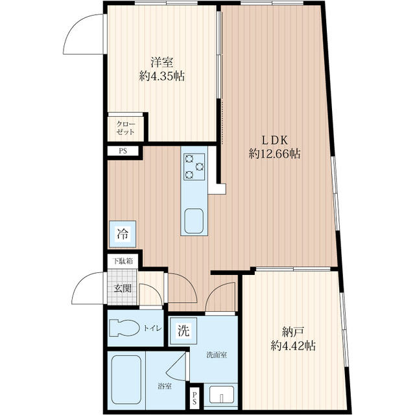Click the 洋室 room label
[162, 62]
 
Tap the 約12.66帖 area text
[274, 154]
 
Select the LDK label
[274, 140]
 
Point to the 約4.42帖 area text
[293, 346]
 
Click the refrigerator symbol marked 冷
[123, 234]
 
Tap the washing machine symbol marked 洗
[184, 331]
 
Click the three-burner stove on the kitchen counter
[194, 167]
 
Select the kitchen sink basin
[194, 221]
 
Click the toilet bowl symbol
[124, 328]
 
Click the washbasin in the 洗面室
[222, 395]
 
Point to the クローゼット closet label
[125, 128]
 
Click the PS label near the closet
[123, 151]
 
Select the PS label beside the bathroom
[195, 397]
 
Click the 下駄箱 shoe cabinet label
[123, 261]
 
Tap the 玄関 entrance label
[123, 288]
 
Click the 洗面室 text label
[217, 355]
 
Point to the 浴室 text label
[165, 386]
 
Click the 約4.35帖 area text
[162, 76]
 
